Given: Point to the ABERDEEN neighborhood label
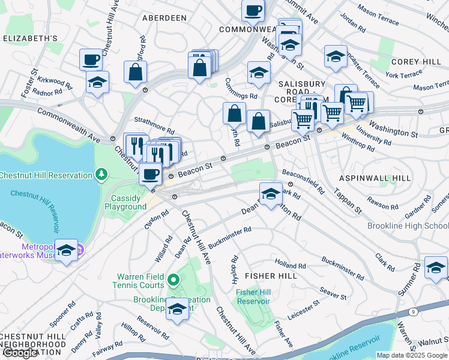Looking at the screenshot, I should click(x=164, y=18).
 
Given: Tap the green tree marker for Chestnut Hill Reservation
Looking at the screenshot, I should click(x=102, y=175).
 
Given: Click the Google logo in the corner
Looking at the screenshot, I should click(x=20, y=353).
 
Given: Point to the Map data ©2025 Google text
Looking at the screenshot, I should click(x=412, y=355).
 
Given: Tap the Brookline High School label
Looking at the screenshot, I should click(x=408, y=226).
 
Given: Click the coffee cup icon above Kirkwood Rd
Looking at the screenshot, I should click(x=91, y=59).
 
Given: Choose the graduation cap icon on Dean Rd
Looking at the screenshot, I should click(x=271, y=193).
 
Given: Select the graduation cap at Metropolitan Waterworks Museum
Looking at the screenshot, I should click(x=67, y=250).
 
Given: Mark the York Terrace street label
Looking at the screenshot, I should click(x=403, y=75).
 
